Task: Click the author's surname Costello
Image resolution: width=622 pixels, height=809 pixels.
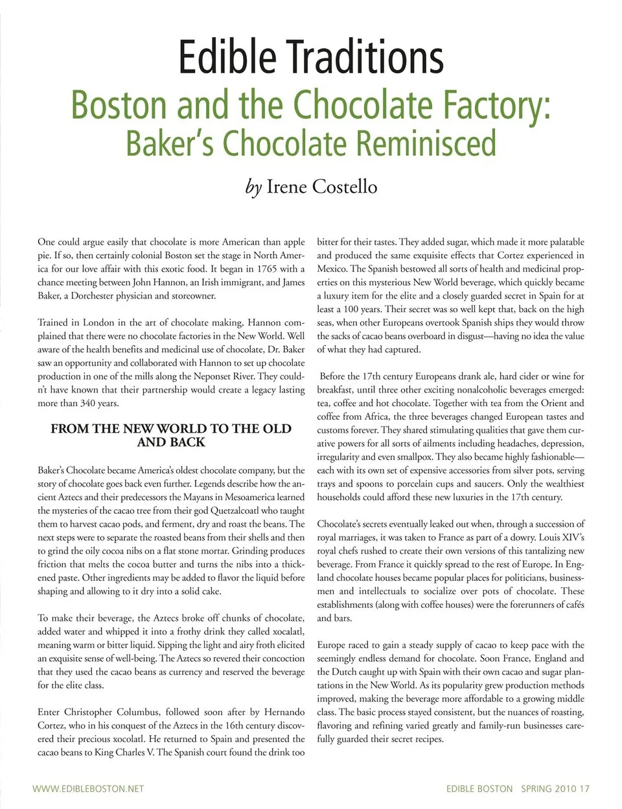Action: (x=345, y=187)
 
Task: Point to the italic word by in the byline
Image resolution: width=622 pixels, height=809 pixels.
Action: (x=253, y=187)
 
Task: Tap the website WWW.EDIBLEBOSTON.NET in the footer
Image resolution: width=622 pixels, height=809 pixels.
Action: (x=88, y=789)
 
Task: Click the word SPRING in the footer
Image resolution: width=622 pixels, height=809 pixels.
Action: (x=535, y=789)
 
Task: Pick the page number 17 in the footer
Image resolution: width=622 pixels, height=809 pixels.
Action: (x=584, y=789)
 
